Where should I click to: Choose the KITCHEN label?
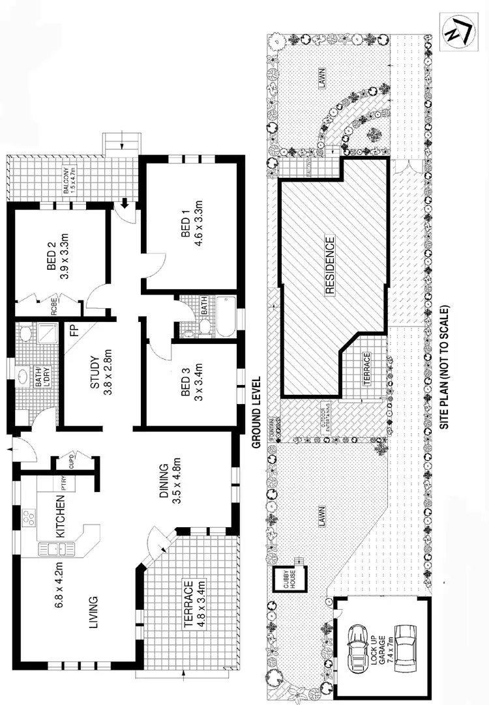click(59, 515)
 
